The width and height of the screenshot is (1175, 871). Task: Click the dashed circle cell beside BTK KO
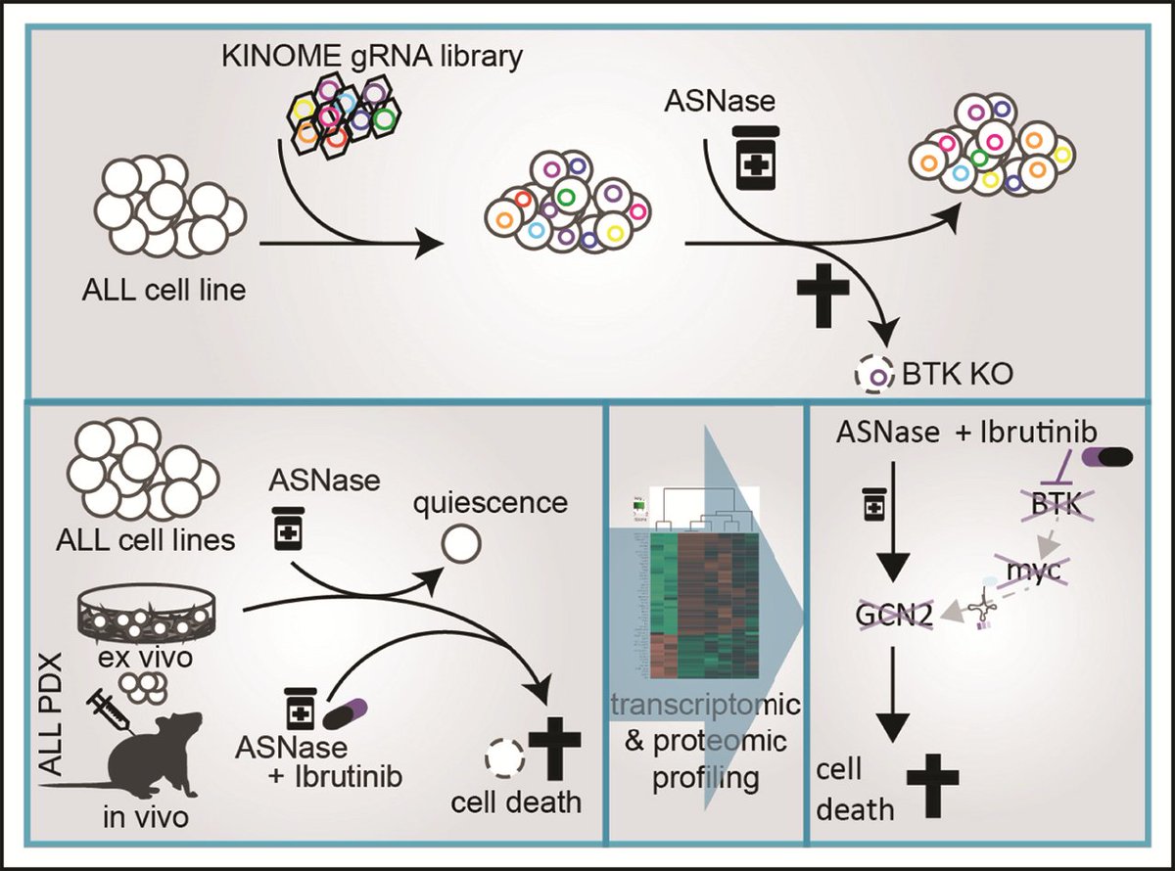(878, 373)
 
